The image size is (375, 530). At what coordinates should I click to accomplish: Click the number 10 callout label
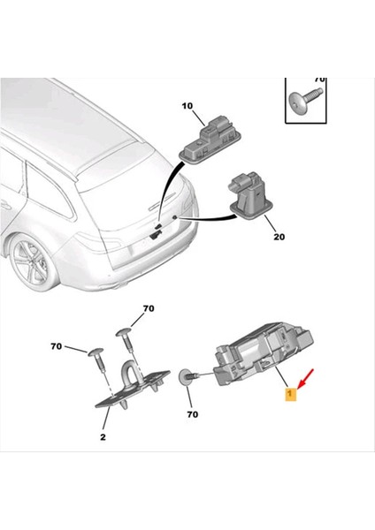click(x=187, y=106)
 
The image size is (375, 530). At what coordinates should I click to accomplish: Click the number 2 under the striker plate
click(x=103, y=437)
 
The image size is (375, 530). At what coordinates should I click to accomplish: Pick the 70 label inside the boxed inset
click(x=319, y=80)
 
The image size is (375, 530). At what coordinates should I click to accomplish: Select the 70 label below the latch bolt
click(x=191, y=413)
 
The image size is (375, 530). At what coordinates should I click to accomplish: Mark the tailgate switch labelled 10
click(x=213, y=138)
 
